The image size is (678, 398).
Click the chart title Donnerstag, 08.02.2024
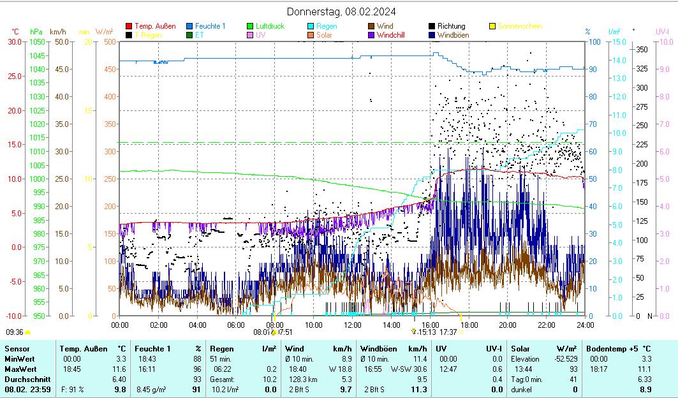point(341,11)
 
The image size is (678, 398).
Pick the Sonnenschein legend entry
point(519,26)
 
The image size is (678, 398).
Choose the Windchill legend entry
point(395,35)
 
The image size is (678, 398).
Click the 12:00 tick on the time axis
point(352,325)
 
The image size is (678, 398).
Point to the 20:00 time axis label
point(507,325)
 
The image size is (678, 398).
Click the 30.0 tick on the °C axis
point(13,41)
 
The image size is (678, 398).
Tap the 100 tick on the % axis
point(594,41)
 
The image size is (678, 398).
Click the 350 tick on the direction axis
point(642,49)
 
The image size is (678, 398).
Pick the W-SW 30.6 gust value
point(409,369)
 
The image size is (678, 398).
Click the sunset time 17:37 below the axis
point(448,332)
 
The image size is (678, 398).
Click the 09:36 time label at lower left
point(15,332)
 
